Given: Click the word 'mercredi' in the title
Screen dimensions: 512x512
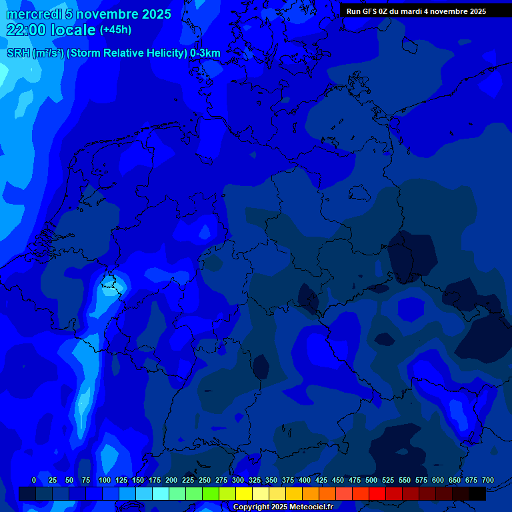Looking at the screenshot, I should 30,14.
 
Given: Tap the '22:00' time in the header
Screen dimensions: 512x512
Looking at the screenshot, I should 27,30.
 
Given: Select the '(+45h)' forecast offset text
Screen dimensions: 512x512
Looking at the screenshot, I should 115,30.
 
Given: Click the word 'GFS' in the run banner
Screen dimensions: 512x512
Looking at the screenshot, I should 370,11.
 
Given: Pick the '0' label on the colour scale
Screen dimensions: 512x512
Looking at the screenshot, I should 34,480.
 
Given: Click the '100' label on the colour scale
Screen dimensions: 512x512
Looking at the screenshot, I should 105,480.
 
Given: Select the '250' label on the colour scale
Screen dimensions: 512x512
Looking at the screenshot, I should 204,480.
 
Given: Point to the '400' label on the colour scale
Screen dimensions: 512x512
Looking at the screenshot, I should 305,480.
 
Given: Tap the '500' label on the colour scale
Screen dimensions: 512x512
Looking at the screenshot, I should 371,480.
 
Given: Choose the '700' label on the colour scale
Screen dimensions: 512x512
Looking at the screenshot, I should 488,480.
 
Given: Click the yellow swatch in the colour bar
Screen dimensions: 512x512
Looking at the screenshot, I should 244,494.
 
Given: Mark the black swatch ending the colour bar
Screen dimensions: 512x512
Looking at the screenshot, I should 477,494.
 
